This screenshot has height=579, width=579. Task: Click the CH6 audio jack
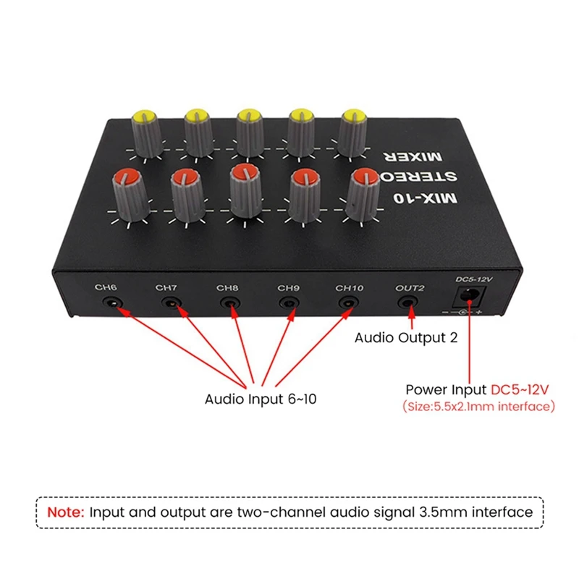pos(110,302)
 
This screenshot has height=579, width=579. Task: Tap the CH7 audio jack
pos(170,303)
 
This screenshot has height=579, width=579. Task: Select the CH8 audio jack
pos(230,303)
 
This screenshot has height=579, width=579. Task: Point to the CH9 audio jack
pos(289,303)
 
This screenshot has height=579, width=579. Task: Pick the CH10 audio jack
pos(349,303)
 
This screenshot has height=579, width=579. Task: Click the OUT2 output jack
pos(410,303)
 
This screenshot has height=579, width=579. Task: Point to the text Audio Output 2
pos(405,337)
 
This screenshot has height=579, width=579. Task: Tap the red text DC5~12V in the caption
pos(521,389)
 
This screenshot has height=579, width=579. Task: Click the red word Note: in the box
pos(66,512)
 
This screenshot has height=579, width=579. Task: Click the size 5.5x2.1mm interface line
pos(478,406)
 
